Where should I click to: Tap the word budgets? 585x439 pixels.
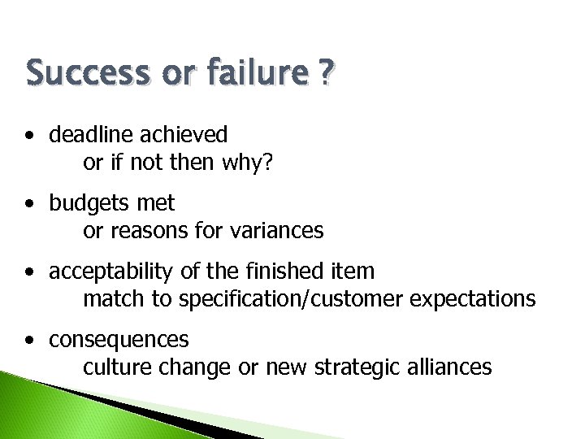[x=88, y=202]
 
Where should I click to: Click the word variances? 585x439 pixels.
[x=276, y=231]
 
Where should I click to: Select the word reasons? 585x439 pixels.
[x=147, y=231]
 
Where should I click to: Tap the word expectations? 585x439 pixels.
[x=473, y=299]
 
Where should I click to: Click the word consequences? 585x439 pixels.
[x=119, y=338]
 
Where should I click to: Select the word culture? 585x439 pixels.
[x=111, y=367]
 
